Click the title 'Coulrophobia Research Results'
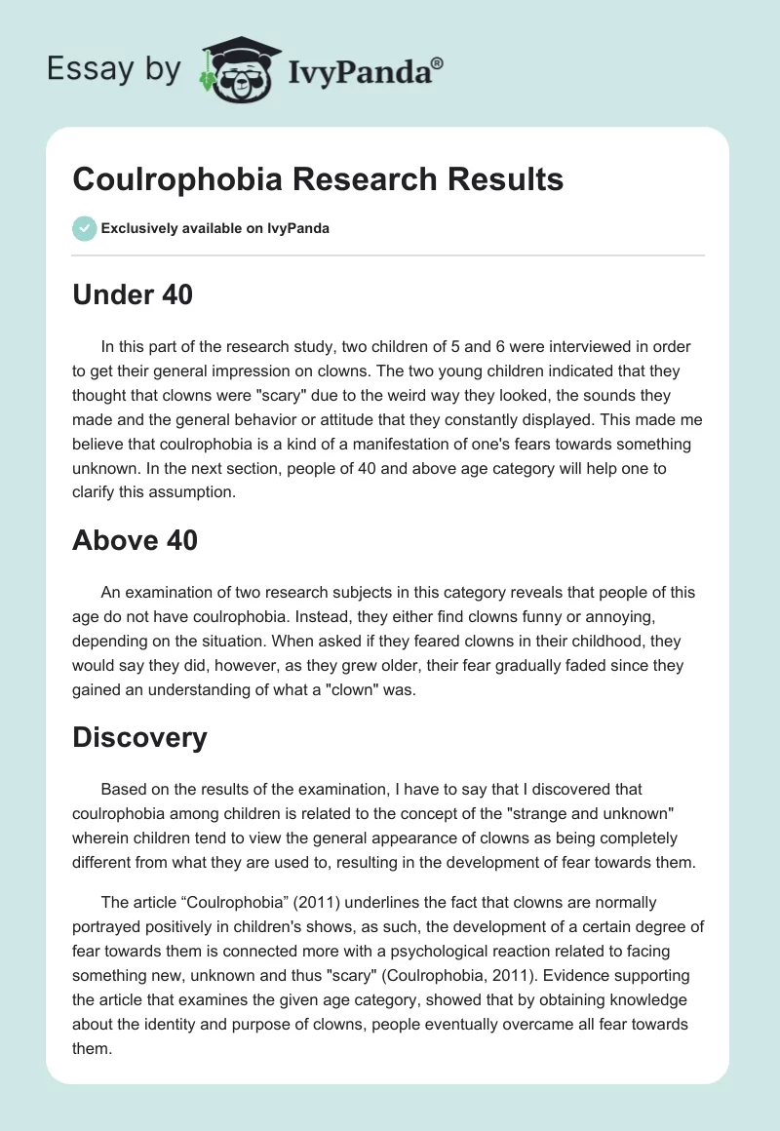(x=318, y=179)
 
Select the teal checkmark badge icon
(x=84, y=228)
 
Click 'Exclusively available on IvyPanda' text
(x=215, y=228)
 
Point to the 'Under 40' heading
(x=133, y=293)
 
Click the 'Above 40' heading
(x=135, y=539)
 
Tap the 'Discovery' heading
(x=139, y=737)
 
